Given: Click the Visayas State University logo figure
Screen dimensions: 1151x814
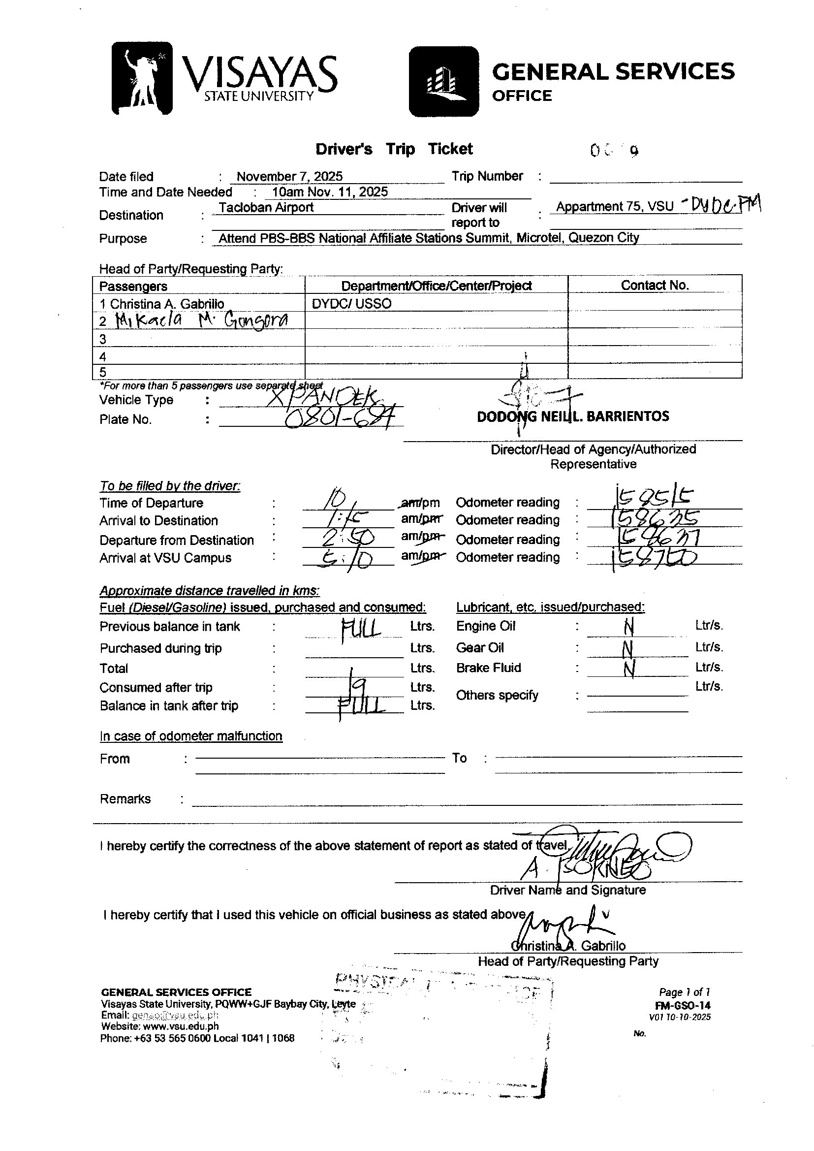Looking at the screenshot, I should click(142, 78).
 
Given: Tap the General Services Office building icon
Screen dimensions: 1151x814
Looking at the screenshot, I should click(443, 82).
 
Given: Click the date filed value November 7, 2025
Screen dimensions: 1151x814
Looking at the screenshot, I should click(289, 176).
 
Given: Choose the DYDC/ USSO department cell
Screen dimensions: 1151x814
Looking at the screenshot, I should click(351, 303).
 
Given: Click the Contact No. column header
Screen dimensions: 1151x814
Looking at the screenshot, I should click(655, 285).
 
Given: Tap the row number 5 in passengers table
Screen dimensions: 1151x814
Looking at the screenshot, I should click(103, 372).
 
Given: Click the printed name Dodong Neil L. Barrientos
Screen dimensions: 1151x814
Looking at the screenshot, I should click(572, 416).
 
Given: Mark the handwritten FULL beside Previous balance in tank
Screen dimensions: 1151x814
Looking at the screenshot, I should click(360, 627).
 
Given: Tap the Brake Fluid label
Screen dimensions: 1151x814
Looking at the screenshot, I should click(488, 668).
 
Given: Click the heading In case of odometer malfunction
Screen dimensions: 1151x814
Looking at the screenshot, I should click(190, 736).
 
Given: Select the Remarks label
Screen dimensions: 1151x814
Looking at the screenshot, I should click(125, 799).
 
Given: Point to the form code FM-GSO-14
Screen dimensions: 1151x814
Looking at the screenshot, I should click(682, 1006).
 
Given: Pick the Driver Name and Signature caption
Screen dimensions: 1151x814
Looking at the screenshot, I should click(567, 890).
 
